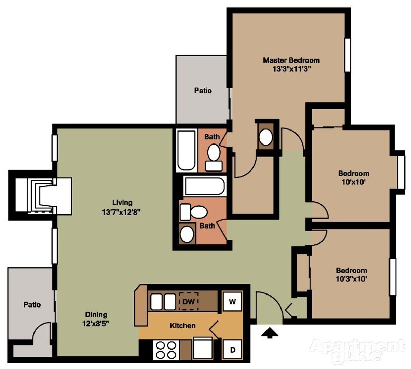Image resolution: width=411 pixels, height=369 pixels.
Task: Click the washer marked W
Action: click(232, 302)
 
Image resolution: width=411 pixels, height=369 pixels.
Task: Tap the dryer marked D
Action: click(232, 350)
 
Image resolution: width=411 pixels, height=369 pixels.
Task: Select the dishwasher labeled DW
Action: click(189, 301)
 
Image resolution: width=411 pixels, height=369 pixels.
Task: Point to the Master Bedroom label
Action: click(291, 60)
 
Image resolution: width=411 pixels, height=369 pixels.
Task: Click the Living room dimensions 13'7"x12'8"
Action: click(121, 213)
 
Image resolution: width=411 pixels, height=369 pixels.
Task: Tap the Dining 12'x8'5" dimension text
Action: click(96, 323)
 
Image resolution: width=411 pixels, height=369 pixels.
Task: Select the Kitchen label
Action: click(182, 326)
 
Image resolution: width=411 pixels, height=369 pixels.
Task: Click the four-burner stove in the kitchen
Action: click(166, 350)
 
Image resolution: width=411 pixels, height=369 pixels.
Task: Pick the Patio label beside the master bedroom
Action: click(203, 91)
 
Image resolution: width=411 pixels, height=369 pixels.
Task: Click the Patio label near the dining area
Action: click(32, 304)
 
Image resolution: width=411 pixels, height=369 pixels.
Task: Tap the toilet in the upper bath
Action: click(214, 158)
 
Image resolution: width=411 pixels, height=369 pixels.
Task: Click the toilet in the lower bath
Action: click(193, 212)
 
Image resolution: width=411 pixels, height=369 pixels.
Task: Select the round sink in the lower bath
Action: click(187, 234)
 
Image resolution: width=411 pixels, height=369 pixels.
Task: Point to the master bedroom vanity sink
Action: click(266, 137)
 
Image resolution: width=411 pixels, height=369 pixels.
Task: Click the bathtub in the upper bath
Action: click(186, 150)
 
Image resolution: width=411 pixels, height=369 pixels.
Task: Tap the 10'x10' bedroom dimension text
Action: click(354, 182)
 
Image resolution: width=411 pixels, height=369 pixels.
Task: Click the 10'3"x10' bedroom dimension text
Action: click(351, 279)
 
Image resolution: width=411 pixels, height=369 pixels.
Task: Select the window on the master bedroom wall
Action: click(348, 55)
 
